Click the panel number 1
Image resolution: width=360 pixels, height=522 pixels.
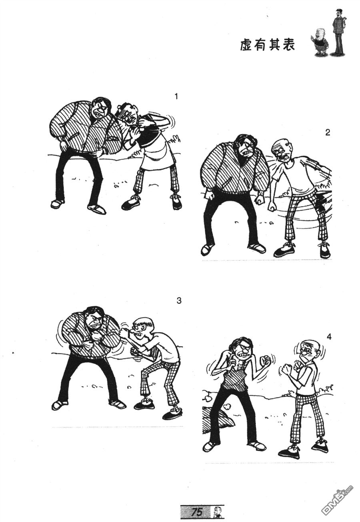pos(176,96)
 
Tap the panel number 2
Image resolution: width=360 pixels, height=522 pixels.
pos(328,133)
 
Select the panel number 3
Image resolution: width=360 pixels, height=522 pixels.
pos(179,300)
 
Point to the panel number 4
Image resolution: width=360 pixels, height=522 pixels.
pos(329,337)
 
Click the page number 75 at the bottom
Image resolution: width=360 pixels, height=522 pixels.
pos(196,512)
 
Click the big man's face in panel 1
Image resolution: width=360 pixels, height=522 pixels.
pos(100,110)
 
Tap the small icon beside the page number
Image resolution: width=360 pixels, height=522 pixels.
pos(217,511)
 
